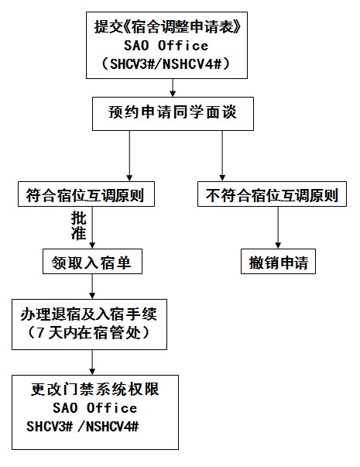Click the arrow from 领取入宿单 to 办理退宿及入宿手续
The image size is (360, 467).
93,287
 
